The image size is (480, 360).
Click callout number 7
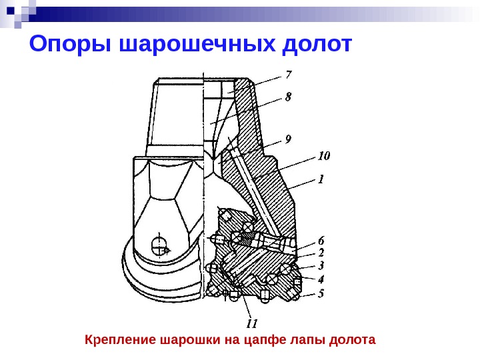(288, 74)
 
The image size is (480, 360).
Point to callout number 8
(288, 97)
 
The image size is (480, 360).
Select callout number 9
(288, 139)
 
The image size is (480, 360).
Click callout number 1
(321, 179)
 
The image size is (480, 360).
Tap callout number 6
(321, 239)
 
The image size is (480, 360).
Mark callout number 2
(321, 253)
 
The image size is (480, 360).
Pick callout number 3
(321, 265)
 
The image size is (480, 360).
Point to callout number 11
(251, 324)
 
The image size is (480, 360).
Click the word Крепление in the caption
(121, 340)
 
